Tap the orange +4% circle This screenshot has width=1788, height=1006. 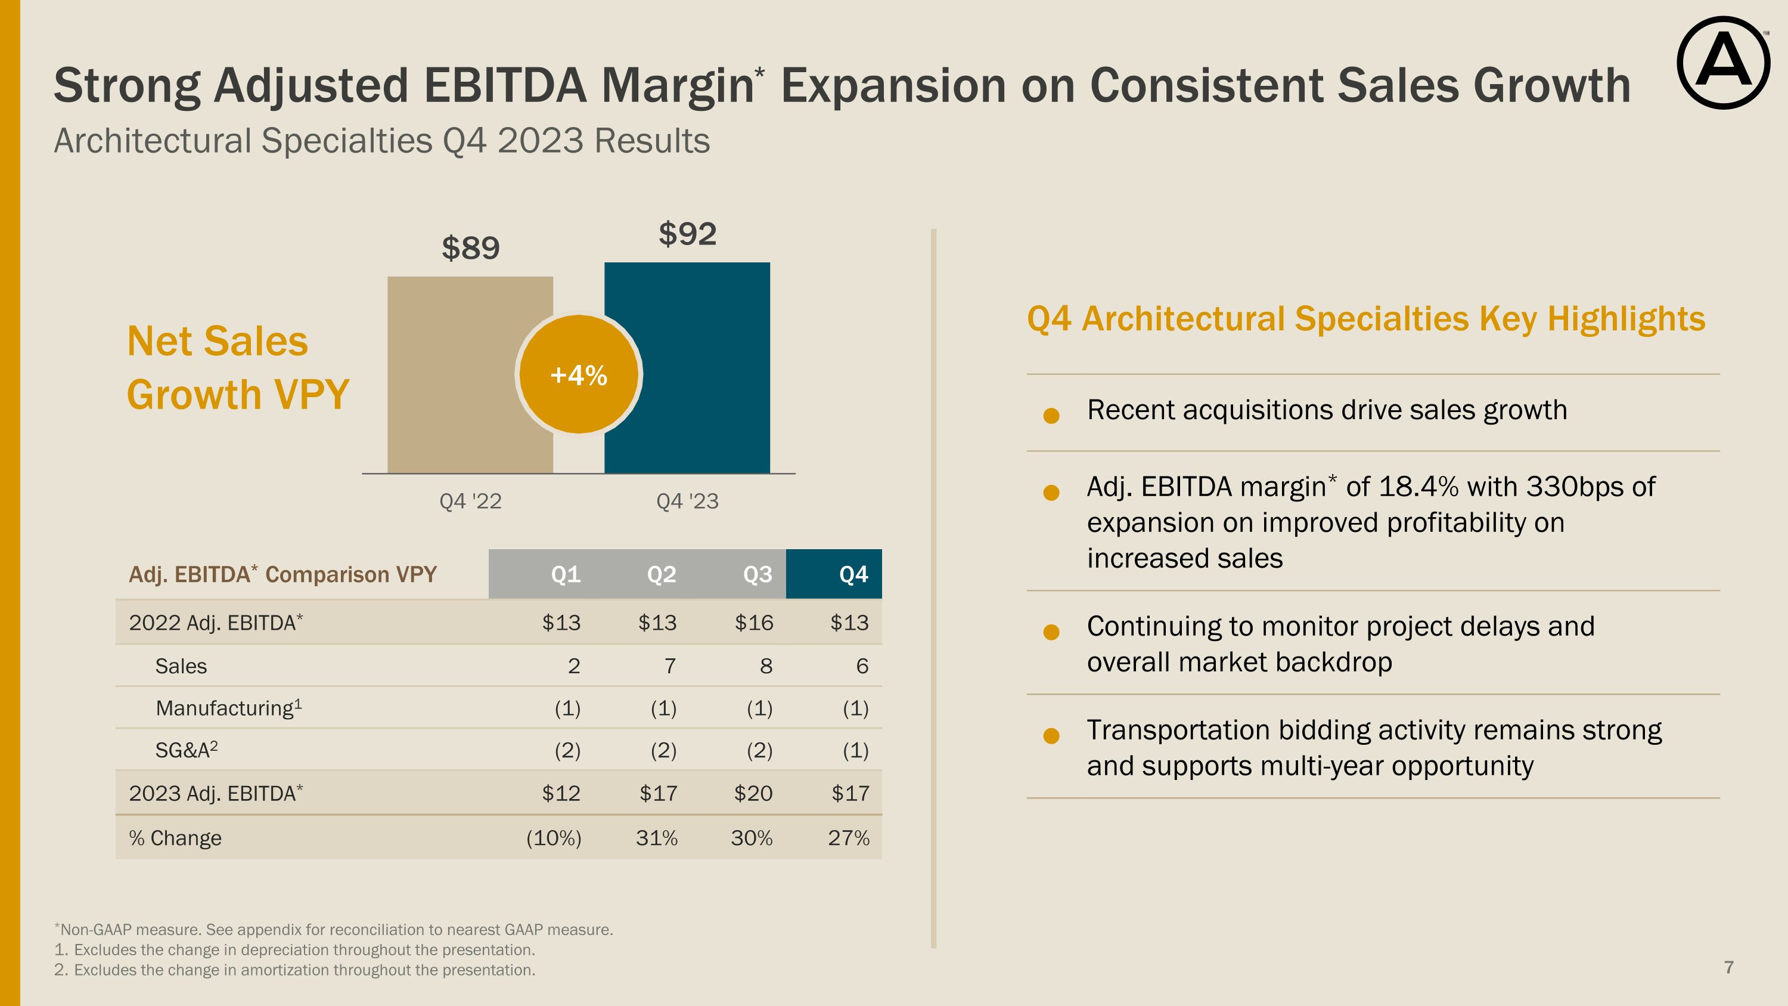[x=578, y=375]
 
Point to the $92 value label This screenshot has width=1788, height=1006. [x=687, y=234]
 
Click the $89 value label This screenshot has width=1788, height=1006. [x=471, y=248]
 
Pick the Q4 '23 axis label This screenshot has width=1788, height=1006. [x=687, y=502]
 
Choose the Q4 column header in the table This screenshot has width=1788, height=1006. [x=853, y=574]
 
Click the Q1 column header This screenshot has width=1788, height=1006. [x=566, y=574]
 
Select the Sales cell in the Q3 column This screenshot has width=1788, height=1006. [x=766, y=666]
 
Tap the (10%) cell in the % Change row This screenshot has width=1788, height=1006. [x=553, y=838]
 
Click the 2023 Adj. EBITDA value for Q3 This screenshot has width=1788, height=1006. [x=753, y=793]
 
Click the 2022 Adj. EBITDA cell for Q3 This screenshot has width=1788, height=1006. [x=754, y=623]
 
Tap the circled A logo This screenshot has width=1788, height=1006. [x=1723, y=63]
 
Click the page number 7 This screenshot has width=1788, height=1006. [x=1728, y=967]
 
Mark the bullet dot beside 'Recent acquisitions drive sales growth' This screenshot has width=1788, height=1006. [x=1051, y=415]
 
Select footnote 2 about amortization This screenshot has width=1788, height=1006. [x=295, y=970]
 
